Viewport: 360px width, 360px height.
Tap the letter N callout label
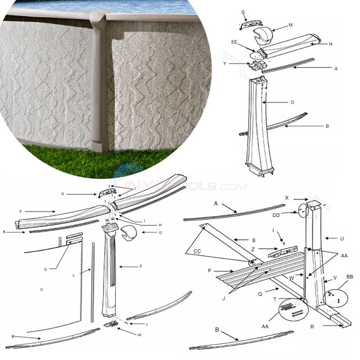(330, 43)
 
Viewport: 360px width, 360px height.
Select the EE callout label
(235, 42)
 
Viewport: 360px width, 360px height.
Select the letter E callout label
(141, 266)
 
